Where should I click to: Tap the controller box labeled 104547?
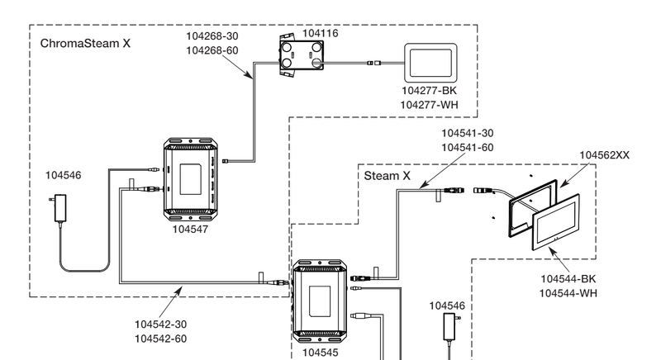click(x=193, y=180)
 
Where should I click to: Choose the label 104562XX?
click(x=609, y=154)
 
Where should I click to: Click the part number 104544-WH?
click(x=568, y=293)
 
